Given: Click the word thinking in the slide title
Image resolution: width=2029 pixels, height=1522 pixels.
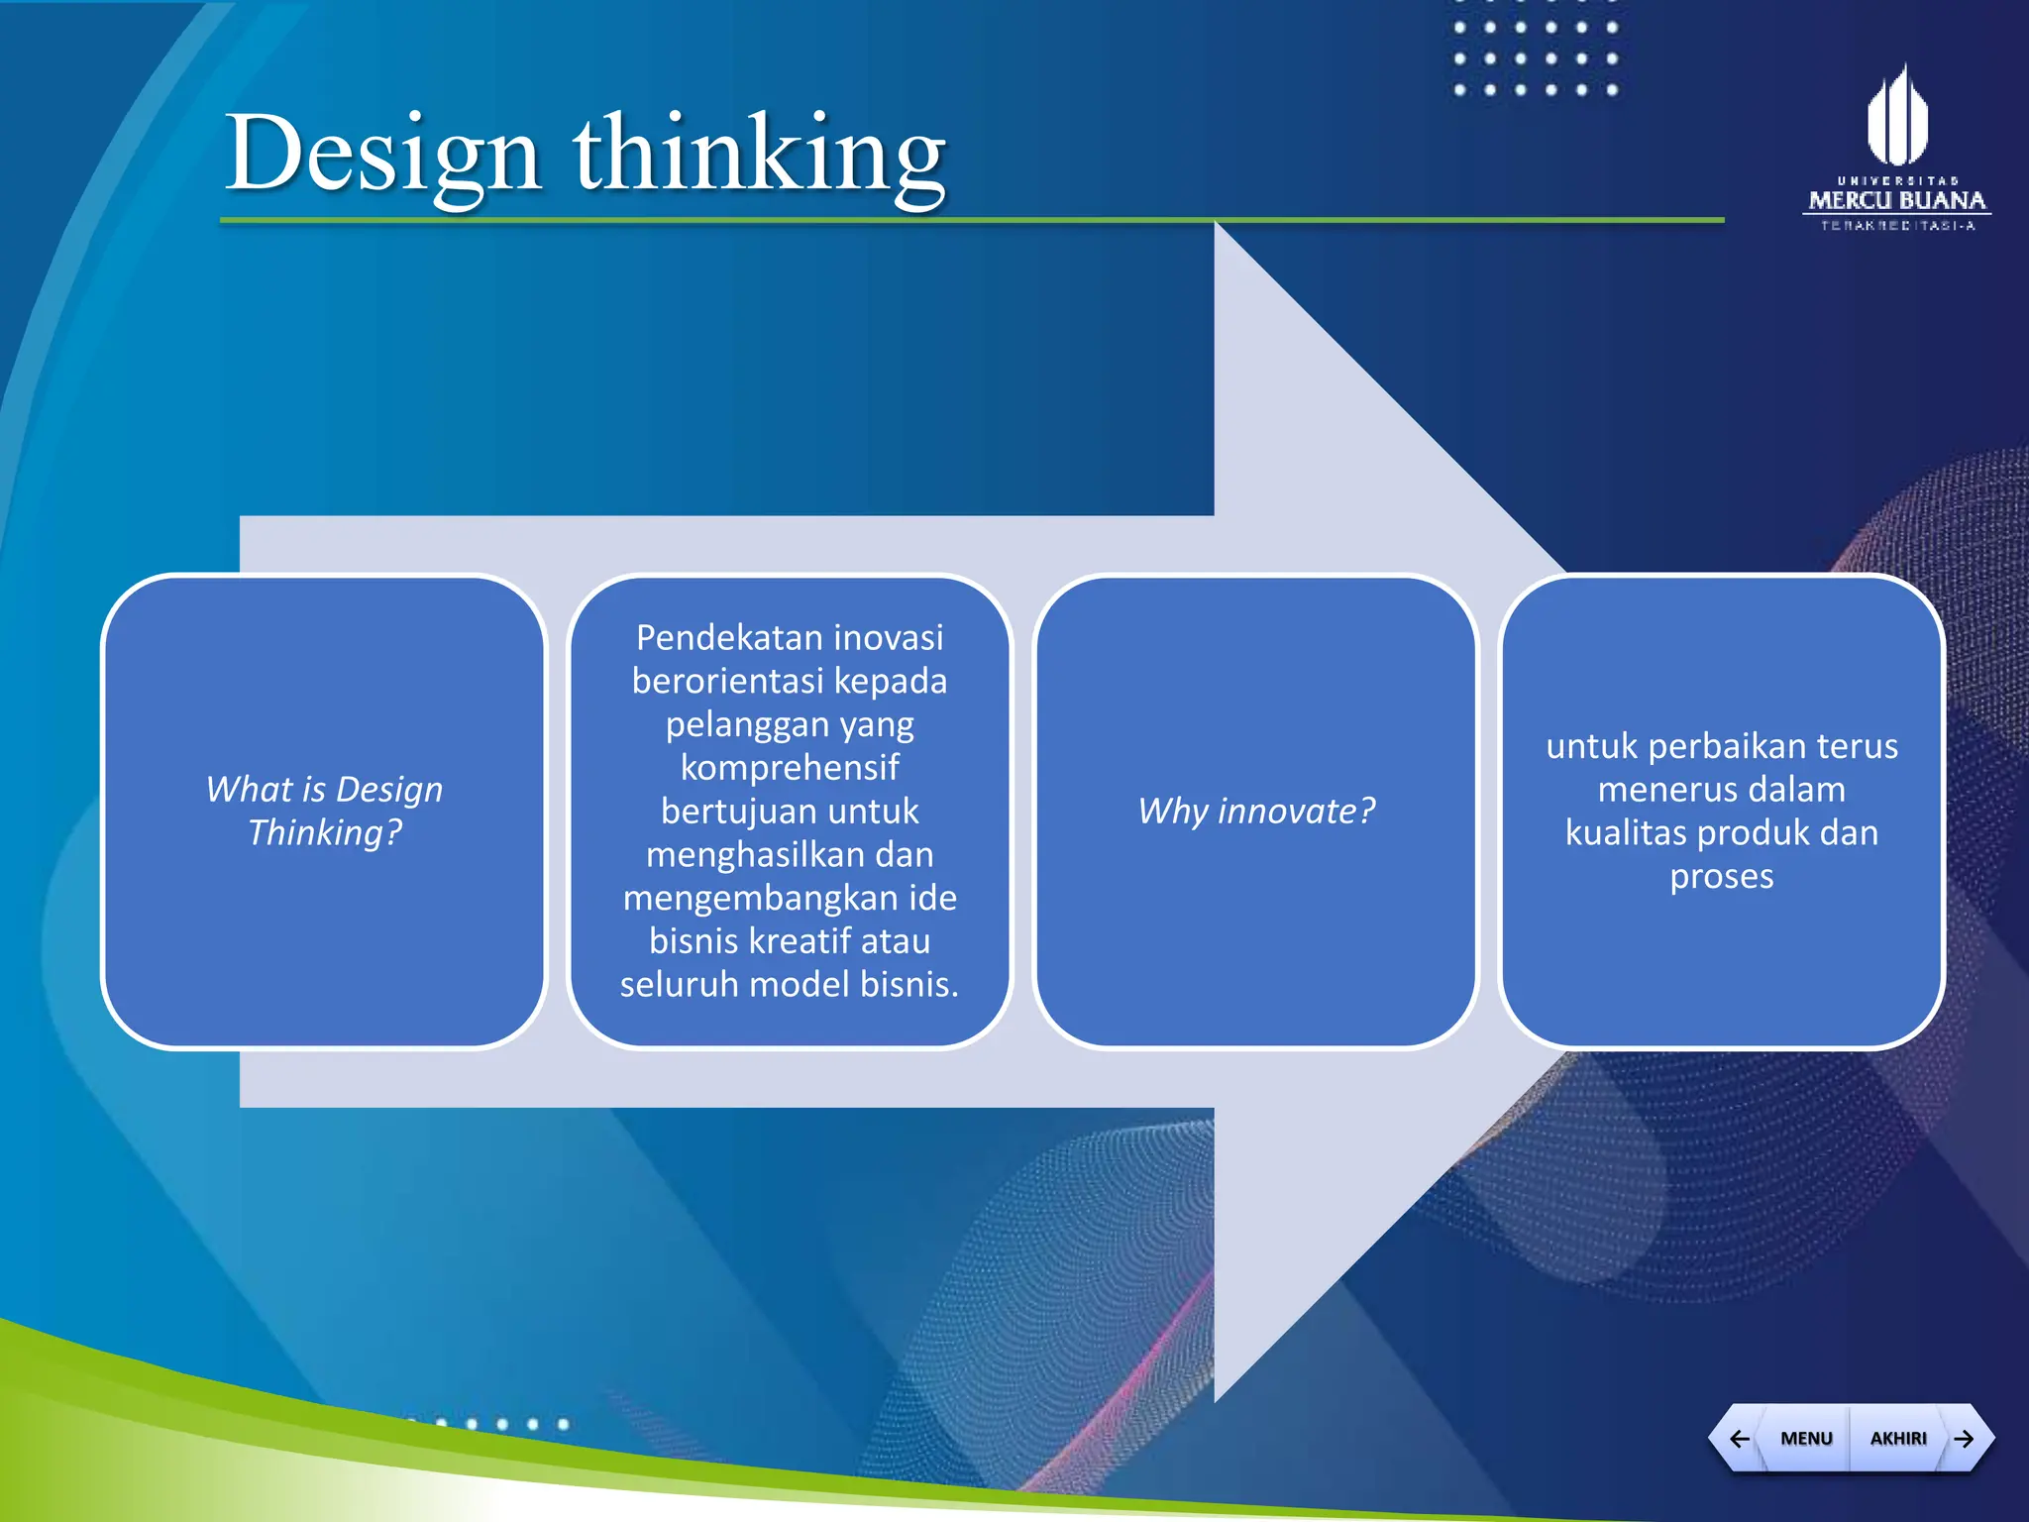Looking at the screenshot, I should (759, 154).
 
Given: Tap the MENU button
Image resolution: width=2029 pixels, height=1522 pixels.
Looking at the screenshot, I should (1806, 1438).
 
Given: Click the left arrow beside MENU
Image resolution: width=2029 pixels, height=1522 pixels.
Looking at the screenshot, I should (1740, 1438).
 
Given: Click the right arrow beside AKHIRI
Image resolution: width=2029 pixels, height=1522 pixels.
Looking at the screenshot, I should (1964, 1438).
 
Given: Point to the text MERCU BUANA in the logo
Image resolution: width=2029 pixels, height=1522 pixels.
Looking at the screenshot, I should (1896, 200).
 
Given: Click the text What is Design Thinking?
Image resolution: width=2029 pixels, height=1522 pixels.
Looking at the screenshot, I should (324, 811).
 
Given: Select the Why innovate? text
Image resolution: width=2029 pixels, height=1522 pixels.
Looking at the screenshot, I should (1256, 811).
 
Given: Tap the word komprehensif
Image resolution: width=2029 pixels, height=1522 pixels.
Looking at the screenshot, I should (790, 767).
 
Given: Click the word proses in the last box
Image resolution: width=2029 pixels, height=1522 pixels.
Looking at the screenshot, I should (1721, 876).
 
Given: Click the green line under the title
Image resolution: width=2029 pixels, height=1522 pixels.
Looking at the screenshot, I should (971, 220).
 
